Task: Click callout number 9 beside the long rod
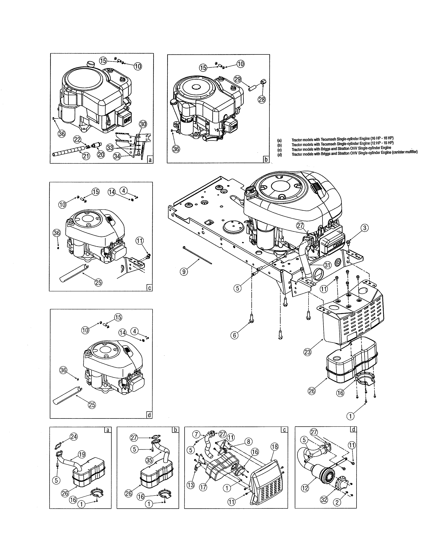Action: point(184,272)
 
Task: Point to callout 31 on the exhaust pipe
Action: point(327,265)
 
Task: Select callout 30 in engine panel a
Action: point(143,124)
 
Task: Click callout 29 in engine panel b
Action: point(238,79)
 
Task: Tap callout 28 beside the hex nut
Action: point(262,99)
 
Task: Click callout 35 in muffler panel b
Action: point(149,460)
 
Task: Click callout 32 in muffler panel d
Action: point(324,499)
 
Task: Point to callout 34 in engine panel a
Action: point(117,156)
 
